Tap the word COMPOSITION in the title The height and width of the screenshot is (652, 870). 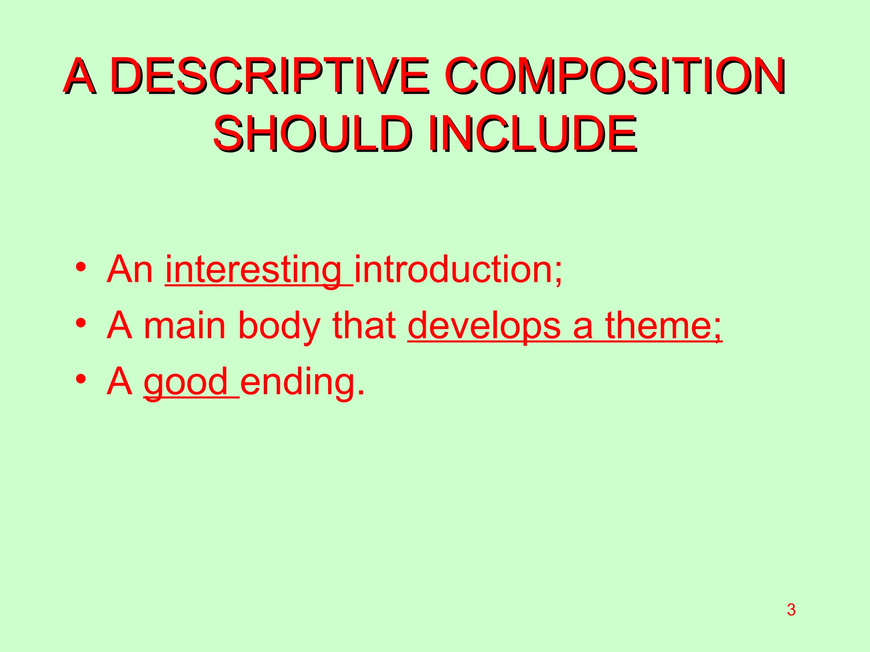click(616, 76)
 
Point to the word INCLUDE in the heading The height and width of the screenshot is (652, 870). click(533, 134)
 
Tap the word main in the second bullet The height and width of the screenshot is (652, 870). click(184, 326)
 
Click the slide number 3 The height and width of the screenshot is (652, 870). click(791, 610)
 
